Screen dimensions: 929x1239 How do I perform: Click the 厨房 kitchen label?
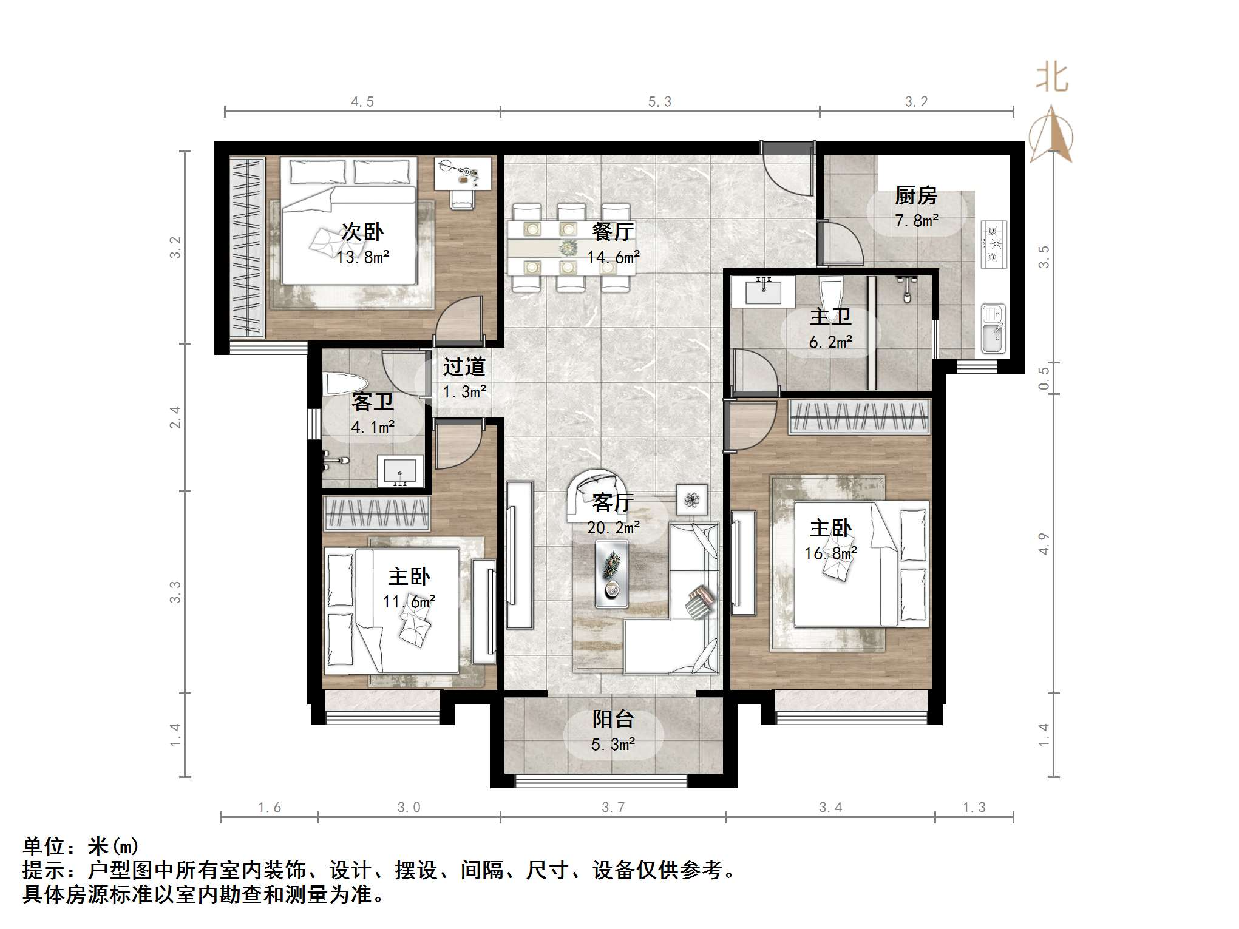915,196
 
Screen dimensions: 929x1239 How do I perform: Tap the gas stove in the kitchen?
993,245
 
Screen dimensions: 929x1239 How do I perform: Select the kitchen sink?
993,329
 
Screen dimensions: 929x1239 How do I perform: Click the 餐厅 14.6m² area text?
613,257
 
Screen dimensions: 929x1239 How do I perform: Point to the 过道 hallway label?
464,367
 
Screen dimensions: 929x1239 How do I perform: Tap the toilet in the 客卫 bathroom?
344,384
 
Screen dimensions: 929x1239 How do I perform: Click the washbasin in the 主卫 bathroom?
762,292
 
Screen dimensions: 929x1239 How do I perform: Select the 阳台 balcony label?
613,719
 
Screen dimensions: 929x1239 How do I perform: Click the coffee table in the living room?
612,573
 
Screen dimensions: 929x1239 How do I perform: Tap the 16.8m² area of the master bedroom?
830,553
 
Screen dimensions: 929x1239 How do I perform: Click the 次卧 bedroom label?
362,232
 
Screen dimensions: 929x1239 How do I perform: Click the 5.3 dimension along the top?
659,102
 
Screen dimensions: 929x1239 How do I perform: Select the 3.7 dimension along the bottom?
613,808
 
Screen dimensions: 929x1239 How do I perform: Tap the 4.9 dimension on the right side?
1044,544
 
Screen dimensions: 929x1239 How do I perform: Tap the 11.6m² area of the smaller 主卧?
409,601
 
